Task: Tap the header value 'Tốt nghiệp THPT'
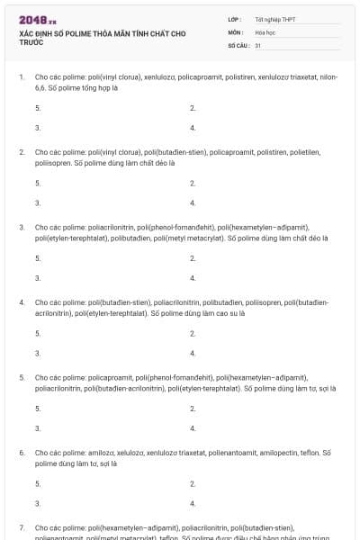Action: tap(274, 19)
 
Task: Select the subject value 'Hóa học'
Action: tap(265, 31)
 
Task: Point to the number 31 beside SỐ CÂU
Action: tap(258, 44)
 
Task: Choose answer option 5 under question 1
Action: tap(38, 107)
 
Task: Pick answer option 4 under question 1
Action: tap(193, 128)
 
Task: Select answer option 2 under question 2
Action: tap(193, 183)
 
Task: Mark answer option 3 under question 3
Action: tap(38, 278)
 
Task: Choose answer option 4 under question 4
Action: tap(193, 353)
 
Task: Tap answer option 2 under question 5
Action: tap(193, 408)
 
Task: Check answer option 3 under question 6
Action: tap(38, 503)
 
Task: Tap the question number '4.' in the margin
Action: tap(22, 302)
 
